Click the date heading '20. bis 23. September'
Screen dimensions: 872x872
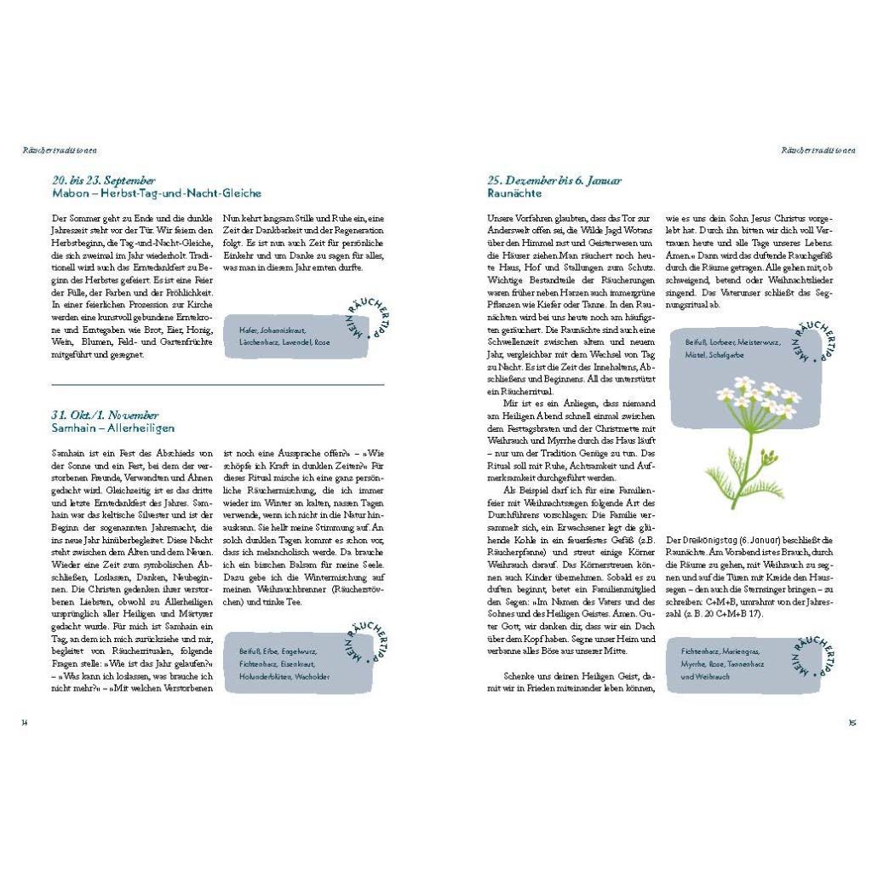click(x=103, y=181)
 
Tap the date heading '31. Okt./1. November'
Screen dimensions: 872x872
click(x=105, y=416)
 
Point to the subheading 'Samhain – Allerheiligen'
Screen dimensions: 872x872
click(x=112, y=428)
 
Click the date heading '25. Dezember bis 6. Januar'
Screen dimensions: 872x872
click(x=554, y=181)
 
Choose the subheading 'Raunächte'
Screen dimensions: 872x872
click(x=514, y=193)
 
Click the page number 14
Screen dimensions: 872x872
click(x=26, y=722)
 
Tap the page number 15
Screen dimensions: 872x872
click(x=852, y=722)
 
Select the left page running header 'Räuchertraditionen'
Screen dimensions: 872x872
click(x=60, y=151)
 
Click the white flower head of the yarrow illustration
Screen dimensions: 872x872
click(x=758, y=395)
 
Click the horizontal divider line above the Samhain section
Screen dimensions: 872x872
click(x=218, y=384)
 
